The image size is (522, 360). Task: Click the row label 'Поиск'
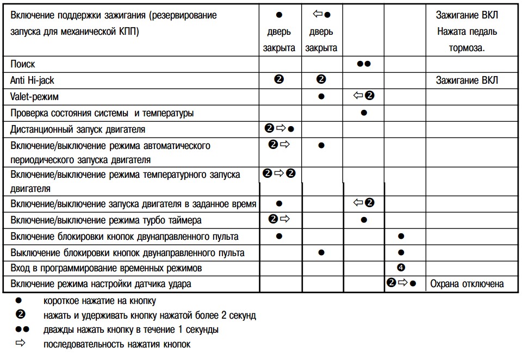pyautogui.click(x=23, y=64)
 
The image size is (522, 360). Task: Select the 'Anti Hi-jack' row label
pyautogui.click(x=32, y=80)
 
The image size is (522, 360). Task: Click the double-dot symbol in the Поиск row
pyautogui.click(x=364, y=64)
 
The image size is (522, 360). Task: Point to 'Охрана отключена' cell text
pyautogui.click(x=467, y=284)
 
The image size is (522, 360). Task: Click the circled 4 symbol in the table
pyautogui.click(x=401, y=268)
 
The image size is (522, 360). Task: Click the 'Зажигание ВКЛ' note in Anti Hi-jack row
pyautogui.click(x=467, y=80)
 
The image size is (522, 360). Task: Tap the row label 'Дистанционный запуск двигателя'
pyautogui.click(x=78, y=129)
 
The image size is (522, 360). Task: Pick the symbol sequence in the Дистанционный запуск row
pyautogui.click(x=279, y=129)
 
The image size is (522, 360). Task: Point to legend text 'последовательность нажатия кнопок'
pyautogui.click(x=117, y=344)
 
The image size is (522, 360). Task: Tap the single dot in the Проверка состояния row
pyautogui.click(x=364, y=113)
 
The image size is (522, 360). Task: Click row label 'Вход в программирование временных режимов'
pyautogui.click(x=106, y=268)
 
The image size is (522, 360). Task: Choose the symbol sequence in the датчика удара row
pyautogui.click(x=402, y=284)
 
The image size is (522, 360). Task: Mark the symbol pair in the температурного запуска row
pyautogui.click(x=279, y=173)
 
